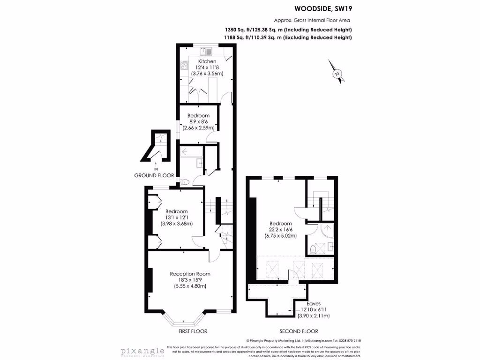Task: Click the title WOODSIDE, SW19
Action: [x=322, y=8]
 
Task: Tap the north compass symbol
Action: [x=336, y=73]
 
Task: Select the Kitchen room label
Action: [x=207, y=61]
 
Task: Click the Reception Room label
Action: [x=190, y=274]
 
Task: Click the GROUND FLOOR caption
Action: [x=154, y=175]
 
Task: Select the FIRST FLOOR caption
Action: [x=193, y=331]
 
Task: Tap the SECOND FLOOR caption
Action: [x=299, y=331]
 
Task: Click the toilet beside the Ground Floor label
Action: [x=184, y=182]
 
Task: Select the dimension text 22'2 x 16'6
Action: [x=281, y=230]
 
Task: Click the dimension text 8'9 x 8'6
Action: [x=198, y=121]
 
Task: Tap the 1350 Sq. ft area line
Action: [x=288, y=30]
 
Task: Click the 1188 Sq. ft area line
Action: [x=288, y=37]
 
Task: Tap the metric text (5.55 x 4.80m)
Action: [x=190, y=286]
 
